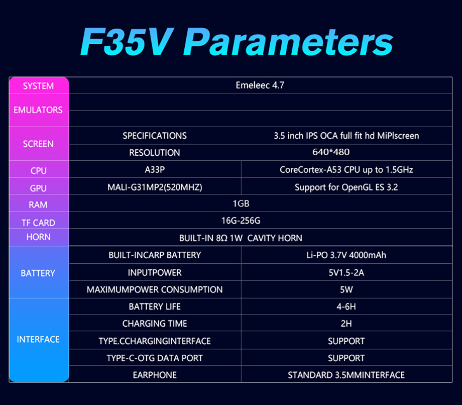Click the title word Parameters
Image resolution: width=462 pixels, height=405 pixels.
pos(292,42)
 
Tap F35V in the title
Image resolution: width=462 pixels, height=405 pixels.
pos(130,42)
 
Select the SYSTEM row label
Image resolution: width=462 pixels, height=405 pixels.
pos(38,86)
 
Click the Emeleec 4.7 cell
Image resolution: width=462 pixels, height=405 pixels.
pos(260,85)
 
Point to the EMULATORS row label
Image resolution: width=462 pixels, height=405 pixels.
pos(38,110)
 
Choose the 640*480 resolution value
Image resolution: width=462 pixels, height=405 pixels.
pos(330,152)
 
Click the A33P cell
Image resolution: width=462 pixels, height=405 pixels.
pos(155,170)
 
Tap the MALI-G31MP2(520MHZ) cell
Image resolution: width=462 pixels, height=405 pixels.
pos(155,187)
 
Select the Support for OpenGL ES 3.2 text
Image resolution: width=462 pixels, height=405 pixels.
pos(346,187)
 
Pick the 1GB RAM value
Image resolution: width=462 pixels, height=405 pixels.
pos(241,204)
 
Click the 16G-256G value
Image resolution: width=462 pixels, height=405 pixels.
pos(241,221)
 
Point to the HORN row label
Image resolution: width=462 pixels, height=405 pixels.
pos(38,237)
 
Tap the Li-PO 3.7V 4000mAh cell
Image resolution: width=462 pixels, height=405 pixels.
pos(346,255)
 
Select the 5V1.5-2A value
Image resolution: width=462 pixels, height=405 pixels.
pos(346,272)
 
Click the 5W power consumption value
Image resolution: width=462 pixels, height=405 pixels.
pos(346,289)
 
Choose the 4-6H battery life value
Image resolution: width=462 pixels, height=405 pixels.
pos(346,307)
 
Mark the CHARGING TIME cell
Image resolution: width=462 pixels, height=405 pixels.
pos(155,324)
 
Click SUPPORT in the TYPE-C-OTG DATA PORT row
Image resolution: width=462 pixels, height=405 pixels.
pos(346,358)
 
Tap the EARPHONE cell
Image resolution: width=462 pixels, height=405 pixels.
pos(155,375)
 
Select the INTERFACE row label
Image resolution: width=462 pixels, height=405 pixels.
pos(38,339)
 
